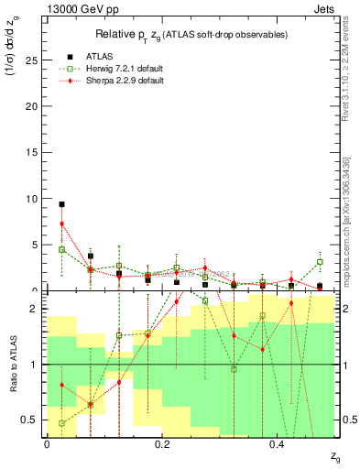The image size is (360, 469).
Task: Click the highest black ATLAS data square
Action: [61, 204]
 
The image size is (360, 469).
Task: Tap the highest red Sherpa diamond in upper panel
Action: [61, 224]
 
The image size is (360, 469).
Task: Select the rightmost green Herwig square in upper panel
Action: [320, 262]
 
